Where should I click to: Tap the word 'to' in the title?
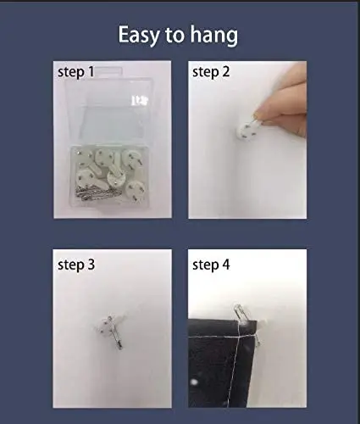tap(174, 36)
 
